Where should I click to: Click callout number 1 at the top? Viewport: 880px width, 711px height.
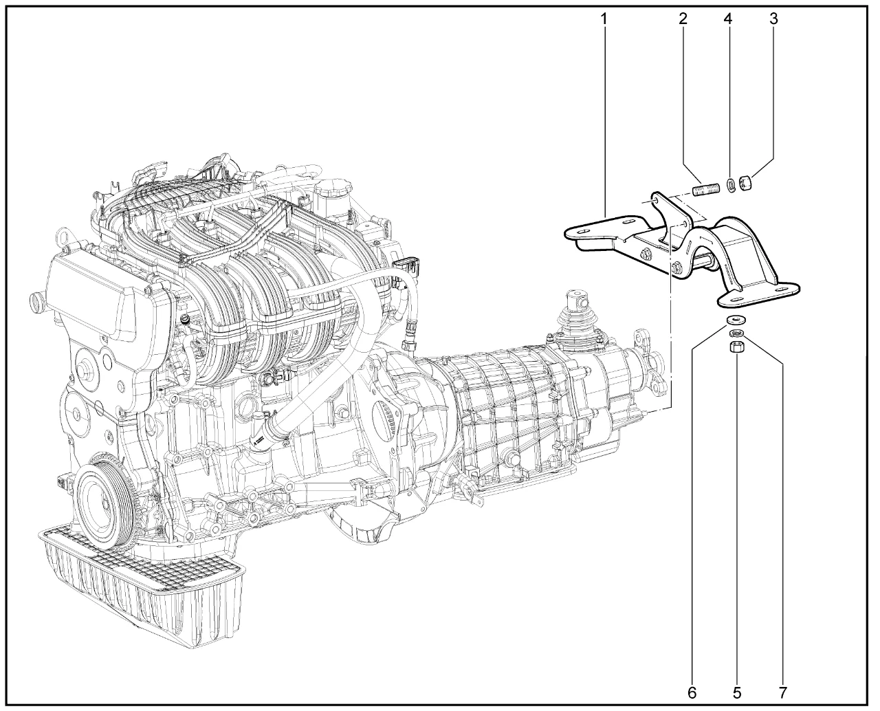tap(604, 19)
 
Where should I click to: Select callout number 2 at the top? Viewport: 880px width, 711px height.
tap(683, 19)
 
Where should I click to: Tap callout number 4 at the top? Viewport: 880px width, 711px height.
tap(728, 19)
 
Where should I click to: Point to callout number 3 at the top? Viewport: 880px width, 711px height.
tap(774, 19)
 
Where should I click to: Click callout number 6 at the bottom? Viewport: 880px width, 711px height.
tap(692, 692)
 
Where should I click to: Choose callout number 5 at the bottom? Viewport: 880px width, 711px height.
tap(738, 692)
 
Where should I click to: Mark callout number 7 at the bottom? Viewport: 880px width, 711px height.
tap(782, 692)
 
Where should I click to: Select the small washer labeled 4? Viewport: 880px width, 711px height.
tap(731, 186)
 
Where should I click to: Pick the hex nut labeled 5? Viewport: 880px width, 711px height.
tap(736, 346)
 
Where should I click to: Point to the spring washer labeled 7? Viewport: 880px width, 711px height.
tap(736, 333)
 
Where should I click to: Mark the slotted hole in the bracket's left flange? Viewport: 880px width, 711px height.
tap(583, 232)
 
